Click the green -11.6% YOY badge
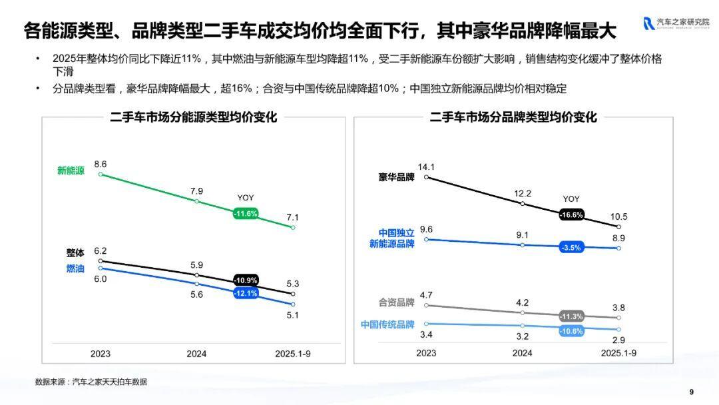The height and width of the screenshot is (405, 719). [x=246, y=214]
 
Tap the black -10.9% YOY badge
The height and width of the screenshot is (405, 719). [x=246, y=280]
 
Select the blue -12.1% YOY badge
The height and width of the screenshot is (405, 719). [x=246, y=293]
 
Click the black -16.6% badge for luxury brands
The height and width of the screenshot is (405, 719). [x=571, y=214]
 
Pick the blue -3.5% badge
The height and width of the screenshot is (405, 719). [x=571, y=247]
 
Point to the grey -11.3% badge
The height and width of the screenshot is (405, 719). [x=571, y=316]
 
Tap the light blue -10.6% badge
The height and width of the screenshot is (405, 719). [x=571, y=331]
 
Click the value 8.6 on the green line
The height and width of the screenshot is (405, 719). [x=101, y=163]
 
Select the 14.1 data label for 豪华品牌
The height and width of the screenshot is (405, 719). [x=426, y=167]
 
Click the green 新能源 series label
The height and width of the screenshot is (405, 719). [x=71, y=171]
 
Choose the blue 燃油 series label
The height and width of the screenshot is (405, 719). [x=75, y=268]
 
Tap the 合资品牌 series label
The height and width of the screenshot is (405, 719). [x=397, y=302]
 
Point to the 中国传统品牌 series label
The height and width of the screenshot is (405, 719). [x=387, y=324]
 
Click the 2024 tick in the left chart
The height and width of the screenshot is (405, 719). [x=196, y=354]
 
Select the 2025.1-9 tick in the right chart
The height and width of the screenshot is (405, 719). [x=618, y=353]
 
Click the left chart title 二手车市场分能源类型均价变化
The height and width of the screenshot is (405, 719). [x=194, y=117]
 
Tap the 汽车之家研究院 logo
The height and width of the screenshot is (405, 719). [x=676, y=23]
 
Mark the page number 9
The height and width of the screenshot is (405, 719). [x=691, y=391]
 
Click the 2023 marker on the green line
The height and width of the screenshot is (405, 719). [x=101, y=175]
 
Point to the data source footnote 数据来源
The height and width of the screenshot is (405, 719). [x=91, y=382]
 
